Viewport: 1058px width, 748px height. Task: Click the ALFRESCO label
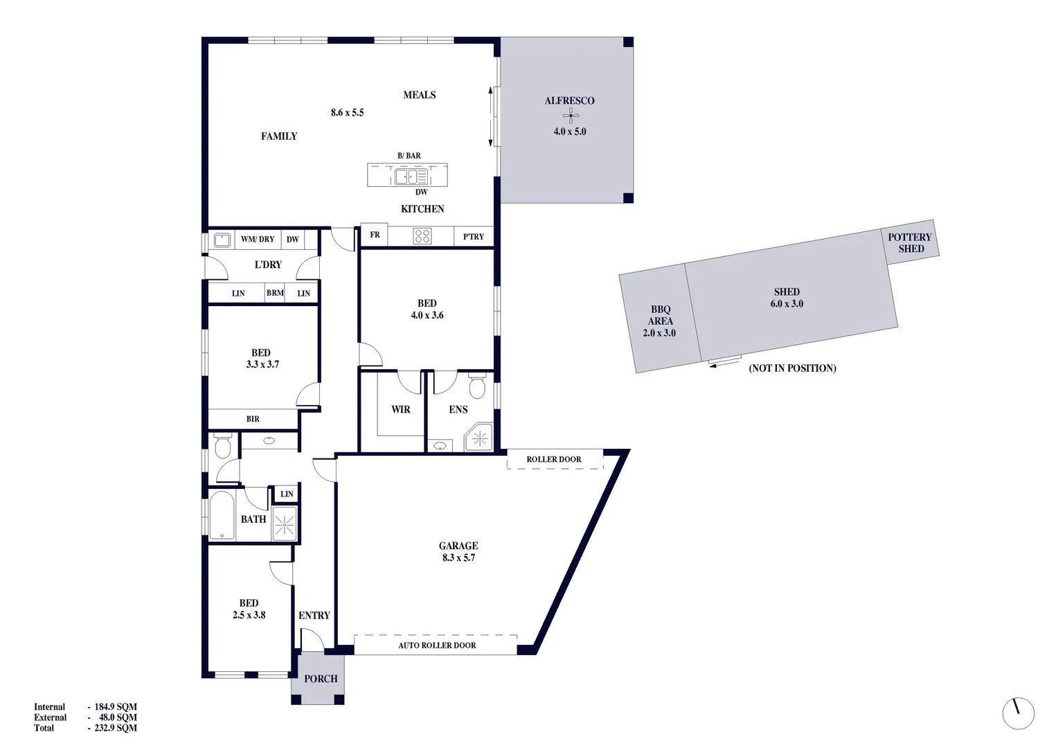pos(569,101)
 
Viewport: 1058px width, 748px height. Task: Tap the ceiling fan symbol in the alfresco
pos(570,116)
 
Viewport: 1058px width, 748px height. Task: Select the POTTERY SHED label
pos(910,243)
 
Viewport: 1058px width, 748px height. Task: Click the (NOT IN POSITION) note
pos(792,368)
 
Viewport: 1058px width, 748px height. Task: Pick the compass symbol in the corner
pos(1018,713)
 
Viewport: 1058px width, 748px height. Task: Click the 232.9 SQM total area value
pos(116,728)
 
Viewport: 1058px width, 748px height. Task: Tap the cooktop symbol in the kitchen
pos(422,236)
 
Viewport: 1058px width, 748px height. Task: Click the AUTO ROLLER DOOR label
pos(437,645)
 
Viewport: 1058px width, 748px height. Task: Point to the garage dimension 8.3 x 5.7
pos(458,558)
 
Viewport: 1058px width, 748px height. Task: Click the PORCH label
pos(321,679)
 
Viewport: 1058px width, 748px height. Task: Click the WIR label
pos(401,409)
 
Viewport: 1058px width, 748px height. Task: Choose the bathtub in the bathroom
pos(222,515)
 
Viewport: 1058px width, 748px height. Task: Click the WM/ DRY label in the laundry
pos(258,240)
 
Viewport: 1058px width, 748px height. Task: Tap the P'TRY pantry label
pos(474,237)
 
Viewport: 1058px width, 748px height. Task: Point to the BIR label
pos(253,419)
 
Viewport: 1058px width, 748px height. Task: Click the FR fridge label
pos(375,235)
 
